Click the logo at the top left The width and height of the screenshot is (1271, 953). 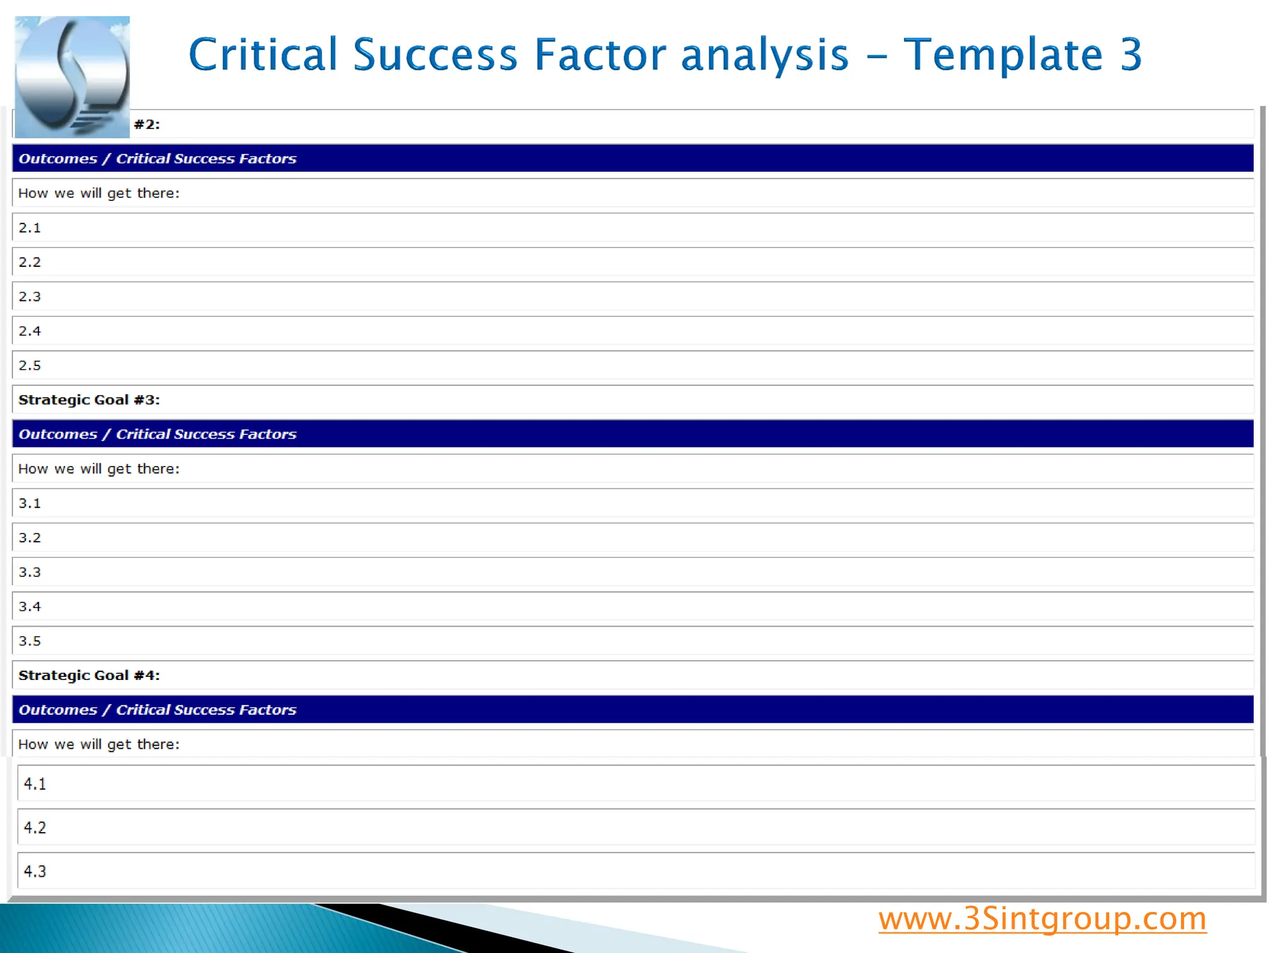[x=72, y=77]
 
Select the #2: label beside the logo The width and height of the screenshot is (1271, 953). [x=147, y=124]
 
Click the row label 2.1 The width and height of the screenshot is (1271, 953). [x=30, y=228]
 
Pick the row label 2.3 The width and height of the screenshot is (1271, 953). [x=30, y=297]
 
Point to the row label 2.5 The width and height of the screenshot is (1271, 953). [x=30, y=365]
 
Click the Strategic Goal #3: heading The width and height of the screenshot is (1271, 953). [x=89, y=400]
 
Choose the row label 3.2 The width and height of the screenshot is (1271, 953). [x=30, y=537]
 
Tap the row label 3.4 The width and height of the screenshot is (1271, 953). [x=30, y=606]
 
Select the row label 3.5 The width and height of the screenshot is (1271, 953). [x=30, y=641]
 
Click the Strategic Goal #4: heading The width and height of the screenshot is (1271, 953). [x=89, y=675]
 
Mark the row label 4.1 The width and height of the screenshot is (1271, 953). [x=35, y=784]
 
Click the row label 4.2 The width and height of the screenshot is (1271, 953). [x=35, y=828]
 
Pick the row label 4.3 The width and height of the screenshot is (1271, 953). [x=35, y=871]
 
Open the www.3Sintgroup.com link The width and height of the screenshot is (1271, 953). [x=1042, y=919]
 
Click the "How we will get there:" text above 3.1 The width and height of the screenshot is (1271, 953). [x=99, y=469]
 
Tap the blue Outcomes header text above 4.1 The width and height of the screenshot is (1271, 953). [x=158, y=710]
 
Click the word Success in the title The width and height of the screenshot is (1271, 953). [x=435, y=55]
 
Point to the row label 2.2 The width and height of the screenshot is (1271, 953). [x=30, y=262]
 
